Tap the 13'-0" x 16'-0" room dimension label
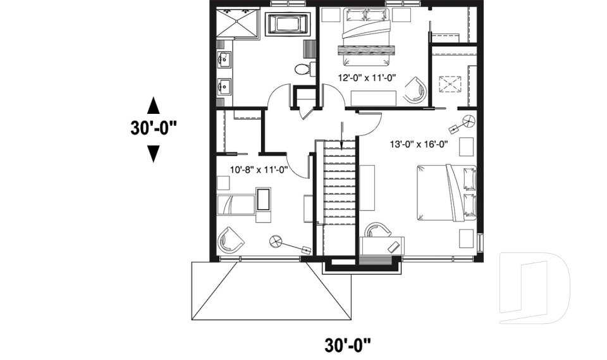pyautogui.click(x=419, y=144)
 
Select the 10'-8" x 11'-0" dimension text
pyautogui.click(x=259, y=169)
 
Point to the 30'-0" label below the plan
pyautogui.click(x=347, y=345)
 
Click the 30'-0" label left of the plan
pyautogui.click(x=153, y=127)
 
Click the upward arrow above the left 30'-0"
pyautogui.click(x=153, y=104)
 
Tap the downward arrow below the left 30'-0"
pyautogui.click(x=153, y=152)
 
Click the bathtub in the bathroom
pyautogui.click(x=289, y=25)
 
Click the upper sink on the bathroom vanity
pyautogui.click(x=223, y=60)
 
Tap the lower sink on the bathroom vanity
pyautogui.click(x=223, y=85)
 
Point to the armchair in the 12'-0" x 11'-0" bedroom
pyautogui.click(x=414, y=90)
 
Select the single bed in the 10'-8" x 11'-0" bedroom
pyautogui.click(x=235, y=206)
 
